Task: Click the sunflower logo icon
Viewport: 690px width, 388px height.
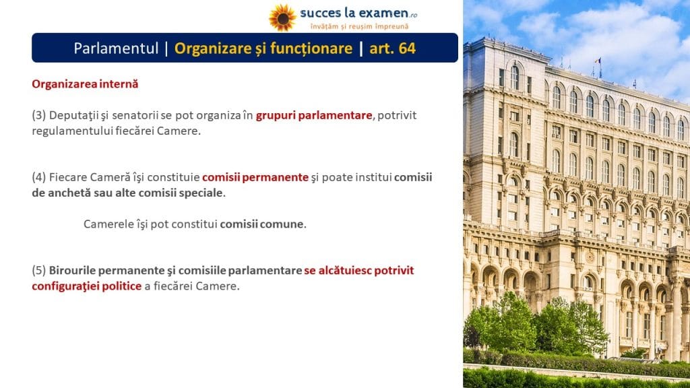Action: (282, 18)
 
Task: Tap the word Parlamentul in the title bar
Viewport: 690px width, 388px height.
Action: (116, 48)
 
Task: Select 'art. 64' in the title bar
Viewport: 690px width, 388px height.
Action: (393, 48)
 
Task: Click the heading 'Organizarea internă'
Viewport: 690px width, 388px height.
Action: (85, 84)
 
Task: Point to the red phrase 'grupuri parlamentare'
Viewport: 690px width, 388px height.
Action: (314, 115)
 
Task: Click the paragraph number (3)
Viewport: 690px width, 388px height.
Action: (38, 115)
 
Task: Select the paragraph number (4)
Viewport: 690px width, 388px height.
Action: (38, 177)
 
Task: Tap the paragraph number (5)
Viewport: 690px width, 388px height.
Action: (38, 270)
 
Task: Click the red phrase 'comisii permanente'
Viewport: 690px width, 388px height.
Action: (255, 177)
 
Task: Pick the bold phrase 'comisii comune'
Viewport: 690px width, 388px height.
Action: (262, 224)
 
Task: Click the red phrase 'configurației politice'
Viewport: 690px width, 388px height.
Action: (87, 286)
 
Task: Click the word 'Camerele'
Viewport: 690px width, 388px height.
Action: (104, 224)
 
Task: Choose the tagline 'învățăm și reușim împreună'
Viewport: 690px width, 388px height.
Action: (360, 26)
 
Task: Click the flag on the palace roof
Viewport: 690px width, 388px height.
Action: (598, 61)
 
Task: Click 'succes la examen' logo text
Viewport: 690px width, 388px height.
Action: (354, 13)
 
